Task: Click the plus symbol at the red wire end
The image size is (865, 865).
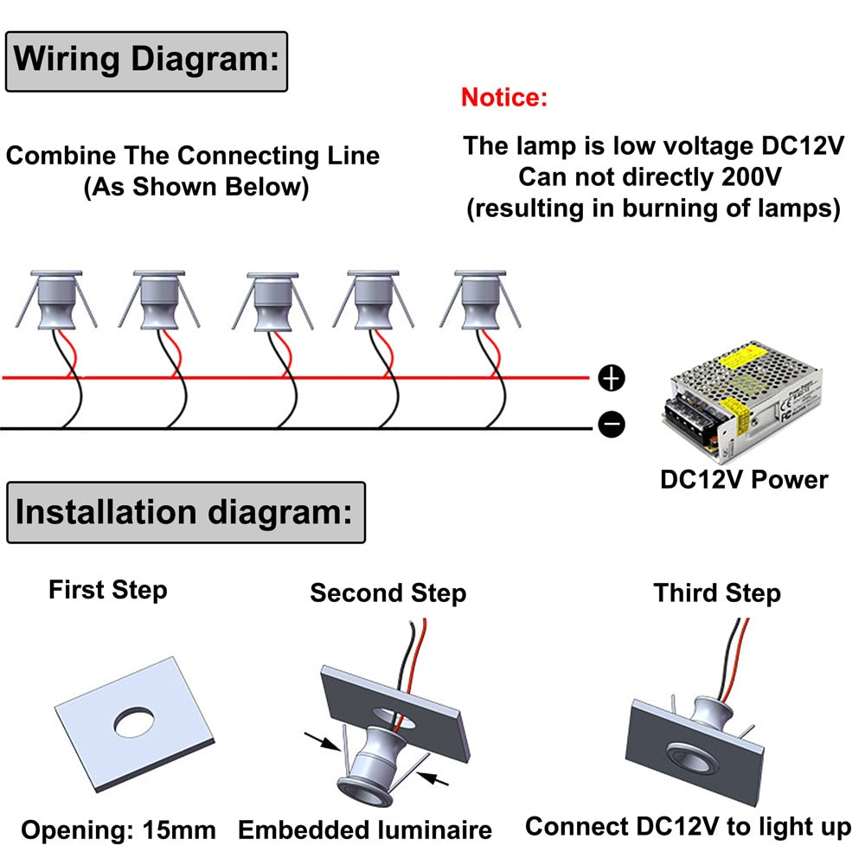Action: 612,378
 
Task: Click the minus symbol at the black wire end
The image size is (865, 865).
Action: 612,425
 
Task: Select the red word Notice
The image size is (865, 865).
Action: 504,97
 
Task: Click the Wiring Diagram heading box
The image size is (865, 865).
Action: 146,61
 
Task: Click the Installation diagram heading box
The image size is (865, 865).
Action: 185,512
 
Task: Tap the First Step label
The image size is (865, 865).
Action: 107,591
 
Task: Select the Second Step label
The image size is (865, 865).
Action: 388,593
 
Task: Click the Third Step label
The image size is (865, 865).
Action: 717,593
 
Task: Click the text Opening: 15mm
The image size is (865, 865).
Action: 119,831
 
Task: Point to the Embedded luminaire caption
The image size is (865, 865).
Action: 365,830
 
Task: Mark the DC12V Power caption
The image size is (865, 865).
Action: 744,479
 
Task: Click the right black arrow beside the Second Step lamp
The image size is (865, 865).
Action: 437,778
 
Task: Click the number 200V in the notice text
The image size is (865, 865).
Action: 750,177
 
